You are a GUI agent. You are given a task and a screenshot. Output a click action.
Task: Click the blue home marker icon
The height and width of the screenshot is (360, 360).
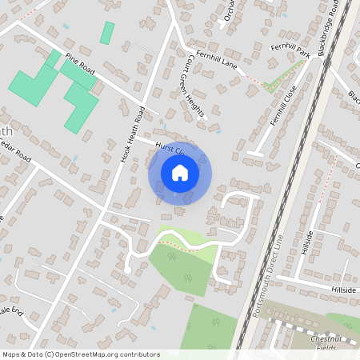coord(180,172)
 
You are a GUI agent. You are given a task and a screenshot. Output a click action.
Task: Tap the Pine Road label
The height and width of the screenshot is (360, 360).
coord(81,65)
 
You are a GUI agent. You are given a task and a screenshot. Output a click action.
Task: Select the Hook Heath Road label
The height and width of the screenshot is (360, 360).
coord(132,134)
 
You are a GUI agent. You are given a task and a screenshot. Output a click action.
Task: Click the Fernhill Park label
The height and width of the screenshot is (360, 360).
coord(290,51)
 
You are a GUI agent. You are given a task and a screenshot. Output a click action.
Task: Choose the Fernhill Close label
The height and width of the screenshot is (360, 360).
coord(285,104)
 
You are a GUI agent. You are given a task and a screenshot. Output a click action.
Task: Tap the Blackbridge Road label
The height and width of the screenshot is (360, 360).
coord(334,28)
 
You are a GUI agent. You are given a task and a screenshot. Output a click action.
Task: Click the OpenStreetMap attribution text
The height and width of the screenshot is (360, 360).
coord(81,354)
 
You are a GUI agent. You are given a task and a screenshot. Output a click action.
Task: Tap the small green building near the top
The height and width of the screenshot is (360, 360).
coord(106,33)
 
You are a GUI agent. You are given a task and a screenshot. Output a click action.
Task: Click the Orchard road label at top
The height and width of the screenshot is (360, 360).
coord(230,11)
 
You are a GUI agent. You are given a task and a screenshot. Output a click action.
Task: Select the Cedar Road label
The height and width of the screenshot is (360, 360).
coord(16,154)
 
